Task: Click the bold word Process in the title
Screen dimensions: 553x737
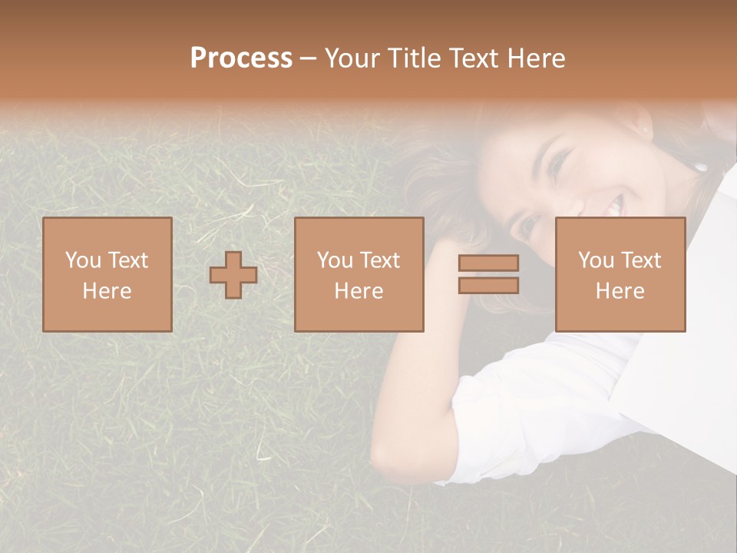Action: click(241, 58)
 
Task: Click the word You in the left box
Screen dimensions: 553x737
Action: click(82, 260)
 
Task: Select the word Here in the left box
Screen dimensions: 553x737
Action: click(107, 291)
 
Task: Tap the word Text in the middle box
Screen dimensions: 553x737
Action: click(380, 260)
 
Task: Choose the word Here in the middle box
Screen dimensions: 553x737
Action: click(359, 291)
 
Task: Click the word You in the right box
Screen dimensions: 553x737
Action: click(596, 260)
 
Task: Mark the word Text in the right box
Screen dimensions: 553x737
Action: click(641, 260)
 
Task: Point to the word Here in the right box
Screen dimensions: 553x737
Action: click(620, 291)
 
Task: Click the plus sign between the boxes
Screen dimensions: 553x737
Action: click(233, 275)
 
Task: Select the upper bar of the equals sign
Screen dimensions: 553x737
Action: click(488, 263)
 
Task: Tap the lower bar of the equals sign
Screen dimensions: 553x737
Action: click(488, 286)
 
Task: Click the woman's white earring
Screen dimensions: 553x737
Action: click(700, 166)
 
